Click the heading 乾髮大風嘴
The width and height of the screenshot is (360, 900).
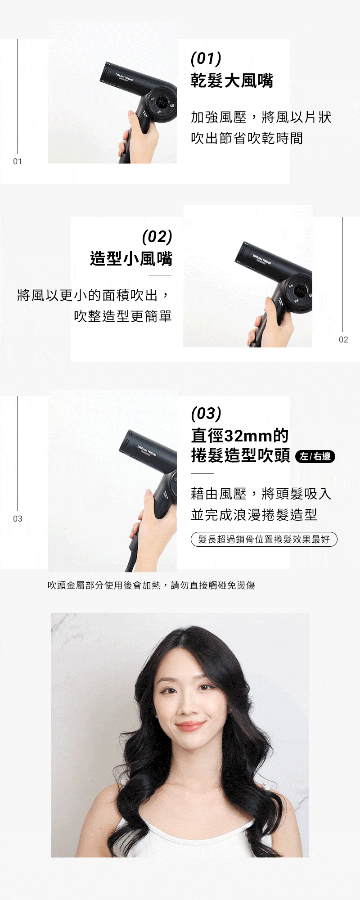pos(232,81)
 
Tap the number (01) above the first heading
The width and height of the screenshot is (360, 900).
pos(206,58)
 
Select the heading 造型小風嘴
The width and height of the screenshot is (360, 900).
pos(131,259)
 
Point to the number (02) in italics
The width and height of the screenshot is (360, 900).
pos(157,237)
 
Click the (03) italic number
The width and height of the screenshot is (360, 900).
pos(206,414)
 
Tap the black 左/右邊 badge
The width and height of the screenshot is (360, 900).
pos(315,456)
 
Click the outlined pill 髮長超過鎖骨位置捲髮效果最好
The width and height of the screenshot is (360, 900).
pos(264,539)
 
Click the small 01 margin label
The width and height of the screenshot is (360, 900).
pos(18,162)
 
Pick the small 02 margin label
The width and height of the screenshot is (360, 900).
pos(343,340)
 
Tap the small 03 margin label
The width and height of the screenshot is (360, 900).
pos(18,519)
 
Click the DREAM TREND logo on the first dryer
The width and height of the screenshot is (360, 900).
pos(124,77)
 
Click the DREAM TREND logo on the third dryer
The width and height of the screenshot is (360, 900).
pos(147,451)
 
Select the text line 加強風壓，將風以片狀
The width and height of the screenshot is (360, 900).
pos(261,117)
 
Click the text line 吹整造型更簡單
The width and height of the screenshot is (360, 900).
pos(123,316)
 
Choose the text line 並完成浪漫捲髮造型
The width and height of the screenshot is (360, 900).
pos(254,515)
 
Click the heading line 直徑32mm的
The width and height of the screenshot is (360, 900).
pos(240,436)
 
